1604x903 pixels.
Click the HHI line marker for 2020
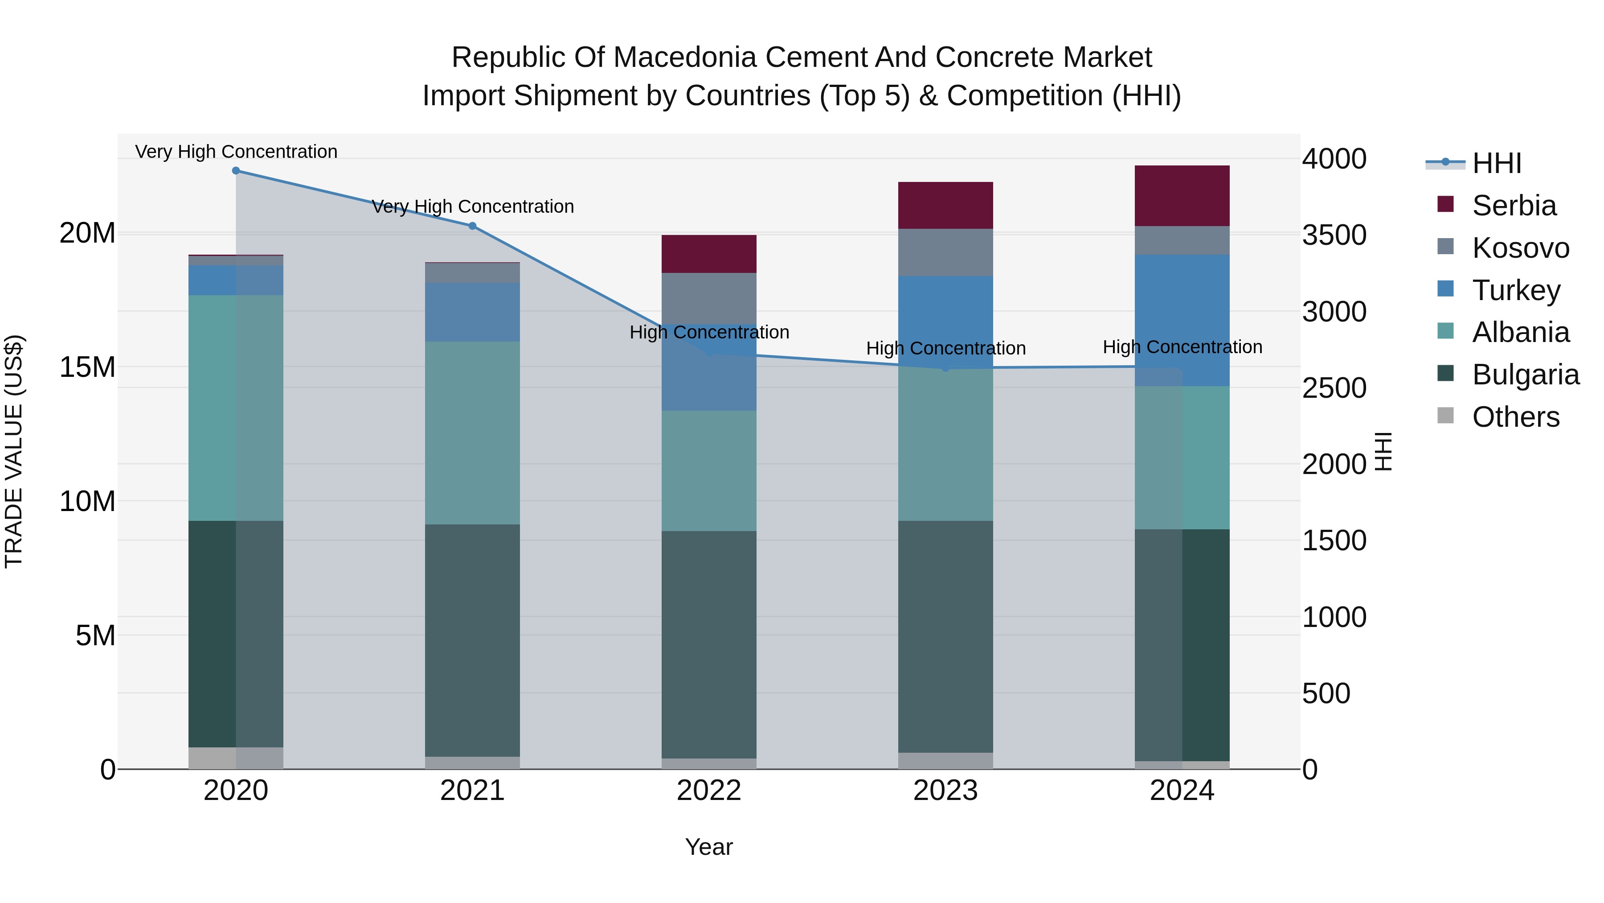coord(236,171)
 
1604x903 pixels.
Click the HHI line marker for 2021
coord(473,226)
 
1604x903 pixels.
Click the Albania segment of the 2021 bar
coord(473,433)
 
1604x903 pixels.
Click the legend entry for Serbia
coord(1514,206)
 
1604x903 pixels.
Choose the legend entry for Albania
coord(1520,333)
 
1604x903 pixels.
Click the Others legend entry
coord(1515,417)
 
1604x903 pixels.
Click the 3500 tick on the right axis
coord(1334,235)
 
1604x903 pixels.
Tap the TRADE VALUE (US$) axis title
coord(14,451)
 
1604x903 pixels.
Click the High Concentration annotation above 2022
coord(709,332)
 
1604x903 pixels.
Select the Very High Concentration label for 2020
coord(236,152)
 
